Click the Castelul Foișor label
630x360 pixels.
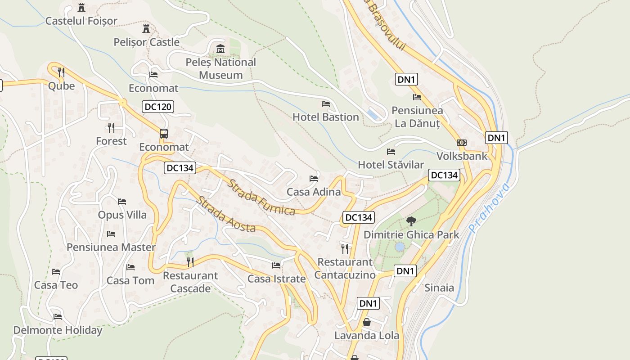click(x=81, y=21)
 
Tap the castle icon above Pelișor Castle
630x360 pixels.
click(x=146, y=29)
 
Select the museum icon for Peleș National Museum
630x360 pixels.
click(x=220, y=49)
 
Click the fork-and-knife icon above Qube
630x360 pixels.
click(x=61, y=72)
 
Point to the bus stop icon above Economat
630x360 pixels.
click(x=164, y=134)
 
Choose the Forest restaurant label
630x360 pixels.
click(x=111, y=141)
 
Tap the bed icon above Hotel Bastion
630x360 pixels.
click(x=326, y=104)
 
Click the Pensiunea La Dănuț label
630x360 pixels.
click(x=417, y=117)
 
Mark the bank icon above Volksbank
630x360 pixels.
click(x=461, y=143)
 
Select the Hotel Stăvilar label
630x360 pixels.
click(x=391, y=165)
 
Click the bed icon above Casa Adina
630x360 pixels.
click(x=314, y=179)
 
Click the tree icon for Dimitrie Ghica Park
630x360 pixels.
click(x=411, y=221)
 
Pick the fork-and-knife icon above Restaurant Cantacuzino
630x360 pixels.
click(x=345, y=248)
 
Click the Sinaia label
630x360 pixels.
click(x=439, y=288)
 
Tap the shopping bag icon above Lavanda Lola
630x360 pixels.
click(x=367, y=322)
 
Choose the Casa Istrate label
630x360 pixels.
click(x=276, y=279)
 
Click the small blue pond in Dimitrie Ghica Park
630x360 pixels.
click(x=400, y=247)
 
